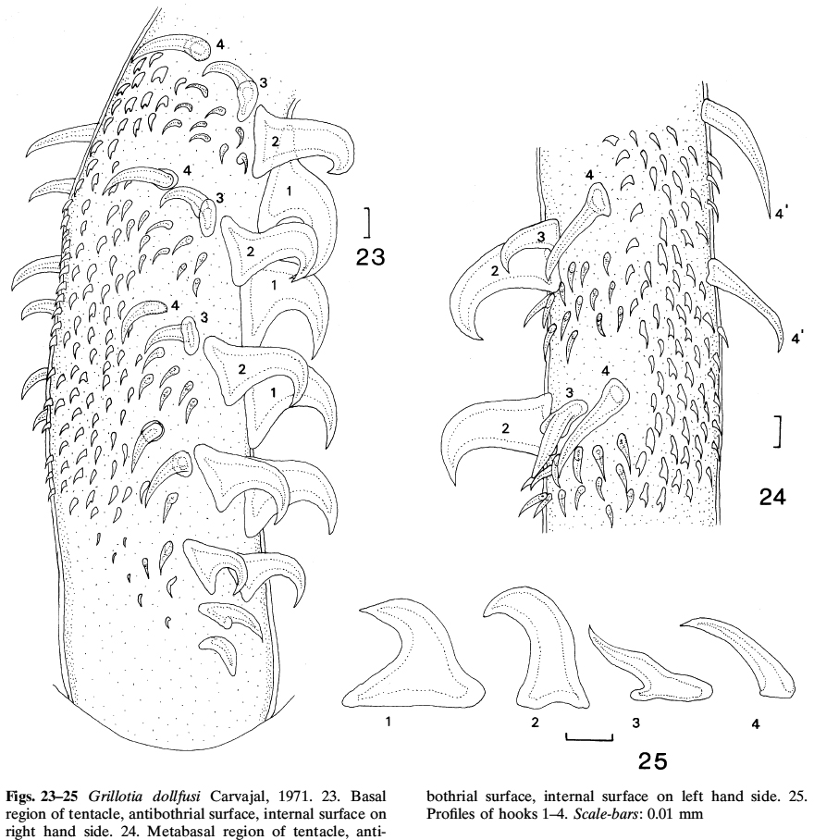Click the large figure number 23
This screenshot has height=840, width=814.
pos(371,258)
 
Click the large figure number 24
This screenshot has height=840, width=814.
pos(772,498)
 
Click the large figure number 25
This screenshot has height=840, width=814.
pos(653,760)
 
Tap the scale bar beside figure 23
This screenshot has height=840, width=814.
pos(368,222)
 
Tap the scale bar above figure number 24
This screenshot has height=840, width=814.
pos(778,431)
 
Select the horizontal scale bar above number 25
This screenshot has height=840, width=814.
pos(589,737)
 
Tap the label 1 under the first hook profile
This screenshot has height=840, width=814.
pos(388,722)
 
